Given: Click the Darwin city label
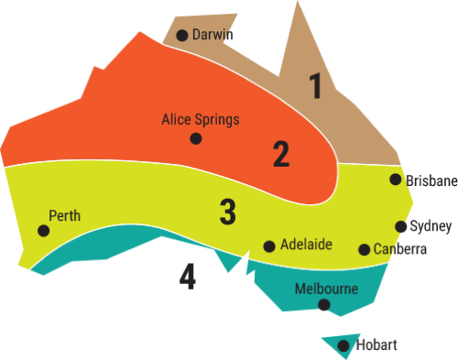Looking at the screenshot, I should [213, 35].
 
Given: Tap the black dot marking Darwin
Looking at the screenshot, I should [182, 36].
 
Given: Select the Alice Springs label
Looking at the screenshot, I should [201, 119].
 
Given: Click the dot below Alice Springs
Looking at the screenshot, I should [195, 138].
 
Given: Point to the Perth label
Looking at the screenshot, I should [64, 216].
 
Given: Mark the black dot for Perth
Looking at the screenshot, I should [43, 230].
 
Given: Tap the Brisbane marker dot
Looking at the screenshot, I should [396, 180].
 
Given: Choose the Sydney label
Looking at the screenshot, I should [431, 226].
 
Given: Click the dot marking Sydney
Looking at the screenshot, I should [401, 226].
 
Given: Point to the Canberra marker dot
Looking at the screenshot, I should [365, 249].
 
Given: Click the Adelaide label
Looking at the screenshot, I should [306, 245].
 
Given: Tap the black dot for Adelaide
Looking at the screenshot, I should [269, 245].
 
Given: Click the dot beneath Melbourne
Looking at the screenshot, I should [322, 305].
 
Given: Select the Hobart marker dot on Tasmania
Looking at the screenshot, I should [343, 346].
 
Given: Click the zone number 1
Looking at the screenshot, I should [316, 86].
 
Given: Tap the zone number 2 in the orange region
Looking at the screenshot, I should [281, 154].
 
